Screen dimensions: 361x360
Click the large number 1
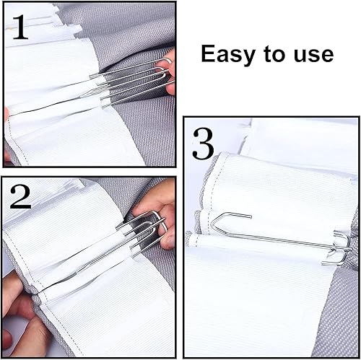[21, 27]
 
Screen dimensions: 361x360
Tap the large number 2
[21, 196]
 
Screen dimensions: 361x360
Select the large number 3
[203, 144]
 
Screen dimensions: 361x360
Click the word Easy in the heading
[228, 55]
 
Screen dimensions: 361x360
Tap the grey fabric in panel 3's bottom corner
[337, 312]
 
